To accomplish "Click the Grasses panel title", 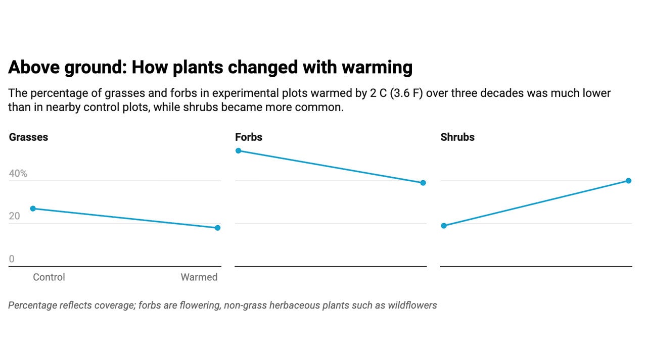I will pyautogui.click(x=28, y=137).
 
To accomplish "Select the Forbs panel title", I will pyautogui.click(x=249, y=137).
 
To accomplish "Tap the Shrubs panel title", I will pyautogui.click(x=457, y=137).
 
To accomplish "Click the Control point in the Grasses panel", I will pyautogui.click(x=33, y=209).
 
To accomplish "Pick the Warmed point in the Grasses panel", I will pyautogui.click(x=217, y=228).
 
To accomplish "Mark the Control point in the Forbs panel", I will pyautogui.click(x=239, y=151).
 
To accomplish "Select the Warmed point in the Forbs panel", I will pyautogui.click(x=423, y=183).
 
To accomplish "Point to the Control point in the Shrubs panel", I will pyautogui.click(x=444, y=226).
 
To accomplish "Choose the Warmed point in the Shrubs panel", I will pyautogui.click(x=628, y=181).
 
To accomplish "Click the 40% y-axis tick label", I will pyautogui.click(x=18, y=174).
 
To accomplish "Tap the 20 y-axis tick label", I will pyautogui.click(x=15, y=216).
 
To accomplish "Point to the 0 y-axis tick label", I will pyautogui.click(x=12, y=259).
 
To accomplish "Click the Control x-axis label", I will pyautogui.click(x=49, y=277).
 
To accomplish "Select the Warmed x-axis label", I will pyautogui.click(x=199, y=277).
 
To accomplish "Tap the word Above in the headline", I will pyautogui.click(x=34, y=67).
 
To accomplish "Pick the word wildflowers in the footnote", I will pyautogui.click(x=412, y=305).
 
